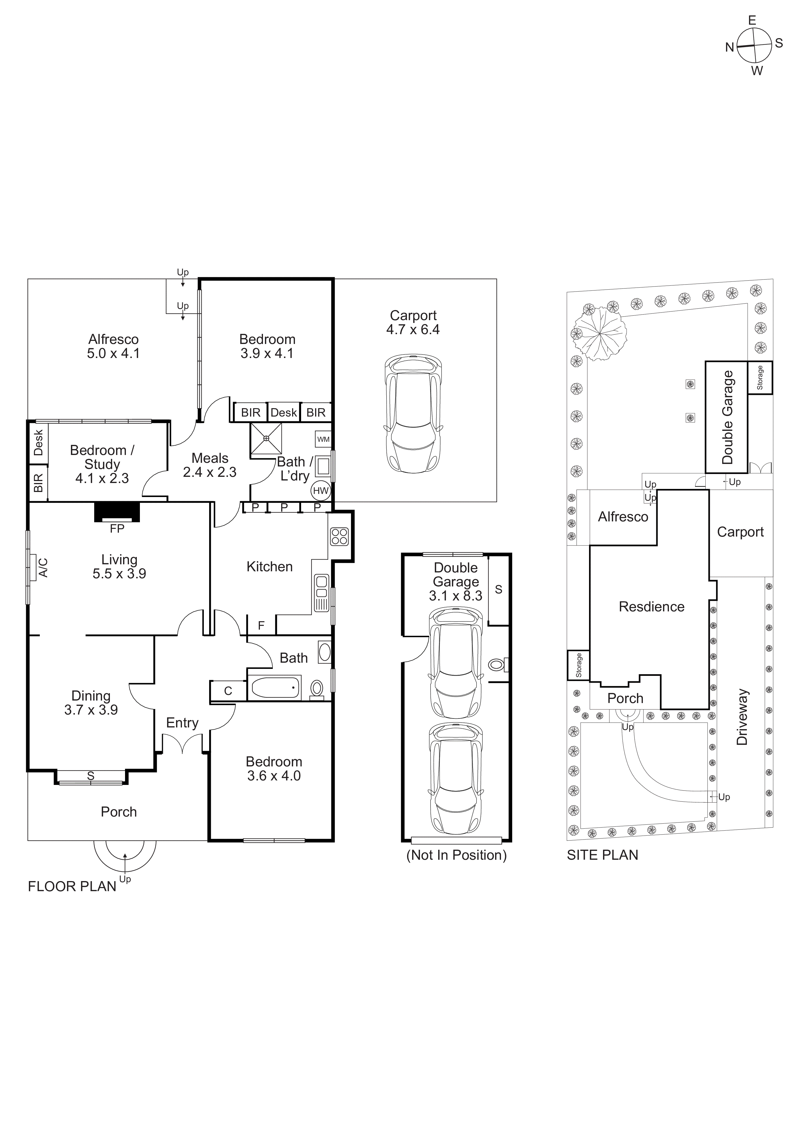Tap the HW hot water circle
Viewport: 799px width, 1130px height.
point(320,491)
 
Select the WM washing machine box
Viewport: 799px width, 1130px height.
point(323,439)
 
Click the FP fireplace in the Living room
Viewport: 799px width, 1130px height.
point(117,512)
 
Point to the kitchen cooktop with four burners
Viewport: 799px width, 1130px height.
point(339,537)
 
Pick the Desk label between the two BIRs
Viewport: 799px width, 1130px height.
point(284,412)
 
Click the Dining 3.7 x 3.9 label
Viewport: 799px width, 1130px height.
point(91,703)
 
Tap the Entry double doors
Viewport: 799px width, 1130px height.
point(183,744)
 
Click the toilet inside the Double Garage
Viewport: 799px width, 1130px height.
point(497,665)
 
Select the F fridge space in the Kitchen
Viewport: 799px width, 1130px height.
point(261,625)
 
